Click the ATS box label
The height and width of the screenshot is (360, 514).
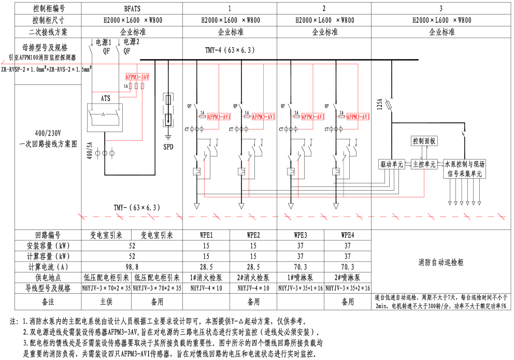pos(105,97)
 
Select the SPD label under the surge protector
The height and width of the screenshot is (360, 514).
pos(168,147)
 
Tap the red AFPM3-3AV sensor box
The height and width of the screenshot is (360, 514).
pos(137,77)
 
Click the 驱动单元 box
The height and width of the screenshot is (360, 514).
pos(391,164)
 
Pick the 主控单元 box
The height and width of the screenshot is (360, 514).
pos(424,164)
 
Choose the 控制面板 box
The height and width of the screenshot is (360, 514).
pos(424,141)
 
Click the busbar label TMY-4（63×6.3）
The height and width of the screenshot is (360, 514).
pos(231,50)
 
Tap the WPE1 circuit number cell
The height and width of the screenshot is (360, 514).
pos(206,235)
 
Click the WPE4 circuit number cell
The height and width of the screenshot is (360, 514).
pos(347,235)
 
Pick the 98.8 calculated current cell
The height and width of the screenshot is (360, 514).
pos(132,267)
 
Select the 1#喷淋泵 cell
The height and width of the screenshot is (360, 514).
pos(301,278)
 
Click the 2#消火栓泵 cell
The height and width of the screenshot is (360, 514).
pos(253,278)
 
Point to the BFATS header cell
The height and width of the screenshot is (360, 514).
pos(132,8)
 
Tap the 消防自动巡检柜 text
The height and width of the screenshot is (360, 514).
pos(441,263)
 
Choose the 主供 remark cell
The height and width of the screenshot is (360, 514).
pos(106,301)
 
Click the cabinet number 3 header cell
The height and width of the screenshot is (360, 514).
pos(441,8)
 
